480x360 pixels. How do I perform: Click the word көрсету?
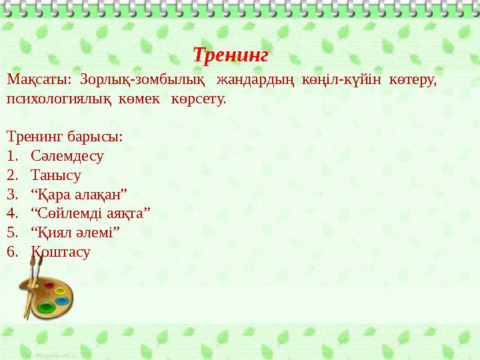pyautogui.click(x=198, y=100)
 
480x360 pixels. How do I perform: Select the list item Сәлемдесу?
pyautogui.click(x=67, y=157)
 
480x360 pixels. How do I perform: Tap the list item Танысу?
pyautogui.click(x=55, y=176)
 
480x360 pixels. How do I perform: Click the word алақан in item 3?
pyautogui.click(x=99, y=195)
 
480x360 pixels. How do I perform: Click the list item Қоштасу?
pyautogui.click(x=60, y=252)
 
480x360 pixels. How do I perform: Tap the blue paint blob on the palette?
pyautogui.click(x=62, y=301)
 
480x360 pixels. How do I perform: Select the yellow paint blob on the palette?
pyautogui.click(x=59, y=291)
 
